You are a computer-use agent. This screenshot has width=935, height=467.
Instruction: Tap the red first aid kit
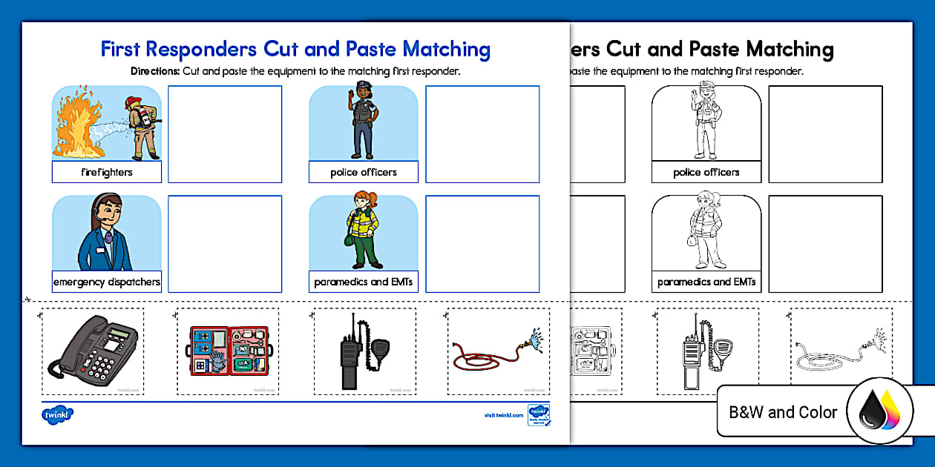[x=227, y=351]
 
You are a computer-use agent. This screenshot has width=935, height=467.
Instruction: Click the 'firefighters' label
[x=107, y=172]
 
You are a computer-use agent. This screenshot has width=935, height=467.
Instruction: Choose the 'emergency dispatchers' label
[x=107, y=282]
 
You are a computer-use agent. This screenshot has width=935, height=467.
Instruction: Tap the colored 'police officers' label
[x=364, y=172]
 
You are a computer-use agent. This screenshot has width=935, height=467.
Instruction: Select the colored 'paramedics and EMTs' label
[x=364, y=282]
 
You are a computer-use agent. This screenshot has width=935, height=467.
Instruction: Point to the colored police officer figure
[x=364, y=123]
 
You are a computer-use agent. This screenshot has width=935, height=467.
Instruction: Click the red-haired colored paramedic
[x=364, y=230]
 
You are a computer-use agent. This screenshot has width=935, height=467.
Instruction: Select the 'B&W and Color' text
[x=782, y=413]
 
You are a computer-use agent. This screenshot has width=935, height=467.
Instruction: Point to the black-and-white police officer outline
[x=706, y=123]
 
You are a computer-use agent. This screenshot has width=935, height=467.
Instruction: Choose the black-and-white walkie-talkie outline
[x=696, y=352]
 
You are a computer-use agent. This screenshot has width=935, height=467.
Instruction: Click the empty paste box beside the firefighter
[x=225, y=134]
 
